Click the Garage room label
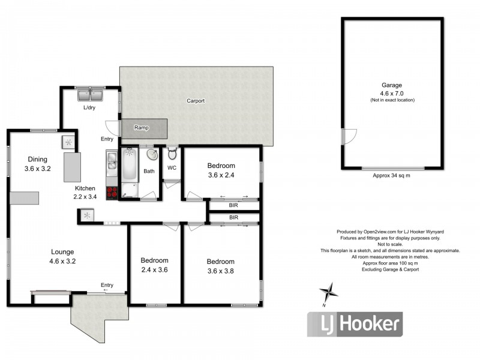pos(392,85)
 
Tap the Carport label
pos(196,101)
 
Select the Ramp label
pos(142,127)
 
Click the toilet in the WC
pos(172,154)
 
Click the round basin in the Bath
pos(152,155)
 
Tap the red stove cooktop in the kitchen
pos(112,193)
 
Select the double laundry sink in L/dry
pos(90,95)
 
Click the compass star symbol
pos(328,291)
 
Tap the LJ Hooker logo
pos(355,324)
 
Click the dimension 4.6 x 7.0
pos(392,94)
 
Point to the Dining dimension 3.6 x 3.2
pos(38,169)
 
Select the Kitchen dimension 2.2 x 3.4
pos(85,197)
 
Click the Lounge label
pos(62,252)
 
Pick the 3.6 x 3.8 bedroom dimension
pos(220,271)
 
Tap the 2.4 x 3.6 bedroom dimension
pos(154,269)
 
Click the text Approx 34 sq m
pos(391,175)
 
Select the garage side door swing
pos(349,136)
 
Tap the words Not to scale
pos(390,244)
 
